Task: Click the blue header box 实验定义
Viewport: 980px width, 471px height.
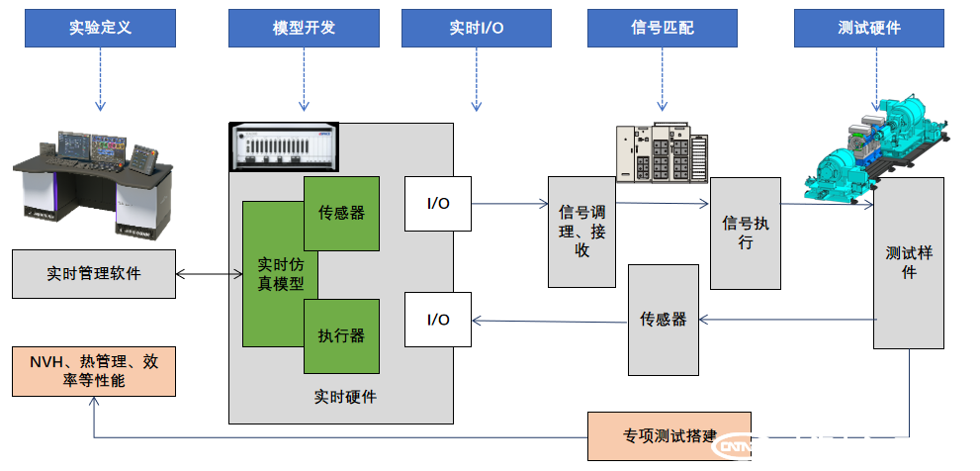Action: point(100,28)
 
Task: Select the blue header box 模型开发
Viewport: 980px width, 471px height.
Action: point(304,28)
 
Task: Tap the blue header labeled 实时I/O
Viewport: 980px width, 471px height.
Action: point(476,28)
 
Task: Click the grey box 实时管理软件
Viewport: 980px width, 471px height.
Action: point(93,273)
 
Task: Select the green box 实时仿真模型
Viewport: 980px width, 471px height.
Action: point(274,274)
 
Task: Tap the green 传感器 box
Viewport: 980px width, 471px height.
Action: point(341,213)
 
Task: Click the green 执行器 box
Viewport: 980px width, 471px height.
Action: point(341,336)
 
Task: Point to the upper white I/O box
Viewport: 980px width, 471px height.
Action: point(437,204)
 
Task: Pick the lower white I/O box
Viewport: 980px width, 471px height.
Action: point(437,320)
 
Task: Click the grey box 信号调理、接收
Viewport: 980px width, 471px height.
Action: point(581,233)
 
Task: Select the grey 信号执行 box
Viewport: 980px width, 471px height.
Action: point(745,234)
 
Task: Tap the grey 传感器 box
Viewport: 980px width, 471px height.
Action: point(663,320)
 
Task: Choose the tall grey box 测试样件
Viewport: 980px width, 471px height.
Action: point(908,263)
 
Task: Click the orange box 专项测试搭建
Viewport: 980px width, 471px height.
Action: point(668,436)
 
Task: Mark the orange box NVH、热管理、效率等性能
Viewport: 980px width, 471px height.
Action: point(93,371)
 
